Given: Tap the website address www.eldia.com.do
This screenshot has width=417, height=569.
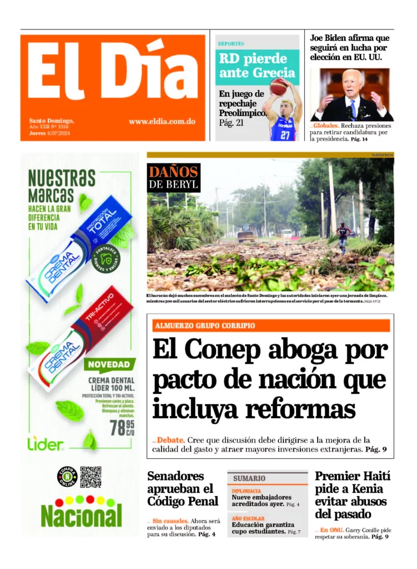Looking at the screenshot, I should [x=162, y=121].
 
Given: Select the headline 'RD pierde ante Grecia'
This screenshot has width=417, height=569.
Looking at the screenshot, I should [x=257, y=66].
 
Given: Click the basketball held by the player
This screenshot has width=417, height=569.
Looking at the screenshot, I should [x=278, y=87].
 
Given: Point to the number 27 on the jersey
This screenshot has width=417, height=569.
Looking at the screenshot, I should [x=285, y=134].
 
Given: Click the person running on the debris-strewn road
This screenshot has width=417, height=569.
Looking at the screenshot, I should [x=344, y=237].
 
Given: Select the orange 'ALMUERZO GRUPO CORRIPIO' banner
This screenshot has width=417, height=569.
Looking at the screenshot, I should [x=272, y=326].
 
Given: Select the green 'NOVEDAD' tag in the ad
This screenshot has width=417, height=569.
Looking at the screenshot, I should [x=110, y=365].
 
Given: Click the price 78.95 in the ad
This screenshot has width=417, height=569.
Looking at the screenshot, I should [x=122, y=428].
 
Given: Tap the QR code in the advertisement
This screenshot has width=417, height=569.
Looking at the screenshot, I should [x=91, y=477].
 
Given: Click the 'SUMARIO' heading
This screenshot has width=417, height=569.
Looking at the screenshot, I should [x=249, y=478].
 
